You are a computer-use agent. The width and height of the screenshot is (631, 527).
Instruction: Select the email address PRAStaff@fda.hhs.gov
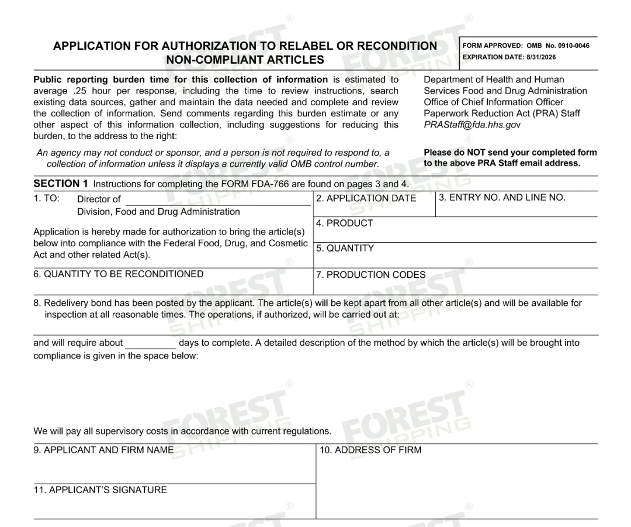[x=471, y=125]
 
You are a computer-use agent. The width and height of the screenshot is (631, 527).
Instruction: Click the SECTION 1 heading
[x=61, y=184]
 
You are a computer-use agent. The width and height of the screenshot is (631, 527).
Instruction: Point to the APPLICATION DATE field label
[x=366, y=198]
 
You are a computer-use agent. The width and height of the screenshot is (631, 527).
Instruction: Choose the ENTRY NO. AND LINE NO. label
[x=502, y=198]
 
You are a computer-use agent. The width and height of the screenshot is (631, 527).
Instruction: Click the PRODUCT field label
[x=344, y=223]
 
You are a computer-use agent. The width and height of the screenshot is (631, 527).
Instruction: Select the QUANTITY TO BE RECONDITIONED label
[x=119, y=274]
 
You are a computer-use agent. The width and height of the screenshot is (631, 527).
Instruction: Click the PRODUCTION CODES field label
[x=370, y=275]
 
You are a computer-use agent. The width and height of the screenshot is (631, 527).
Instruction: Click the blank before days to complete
[x=150, y=344]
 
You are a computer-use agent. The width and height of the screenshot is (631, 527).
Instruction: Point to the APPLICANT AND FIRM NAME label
[x=103, y=450]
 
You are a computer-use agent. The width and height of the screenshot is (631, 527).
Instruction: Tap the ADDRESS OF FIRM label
[x=370, y=450]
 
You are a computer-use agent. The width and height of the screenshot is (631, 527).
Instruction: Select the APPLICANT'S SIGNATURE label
[x=100, y=490]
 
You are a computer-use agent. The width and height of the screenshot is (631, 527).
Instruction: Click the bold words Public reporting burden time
[x=103, y=80]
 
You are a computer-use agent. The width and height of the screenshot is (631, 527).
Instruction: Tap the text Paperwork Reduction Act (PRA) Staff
[x=501, y=113]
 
